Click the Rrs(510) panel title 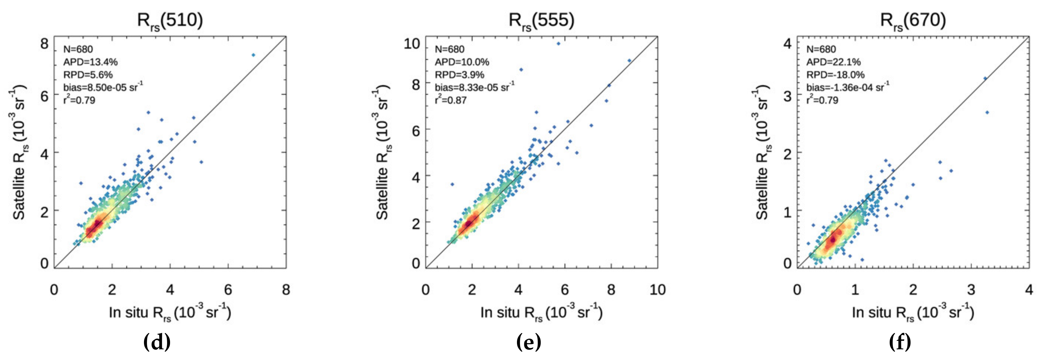[170, 20]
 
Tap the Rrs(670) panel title [913, 20]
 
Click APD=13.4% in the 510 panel [90, 62]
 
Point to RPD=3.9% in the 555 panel [459, 75]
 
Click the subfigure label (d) [157, 342]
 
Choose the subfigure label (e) [528, 342]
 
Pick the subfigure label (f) [900, 342]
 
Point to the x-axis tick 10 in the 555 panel [657, 290]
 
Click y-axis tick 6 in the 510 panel [44, 96]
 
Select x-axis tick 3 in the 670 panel [971, 290]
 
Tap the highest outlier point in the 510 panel [253, 55]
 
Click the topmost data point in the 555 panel [558, 43]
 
